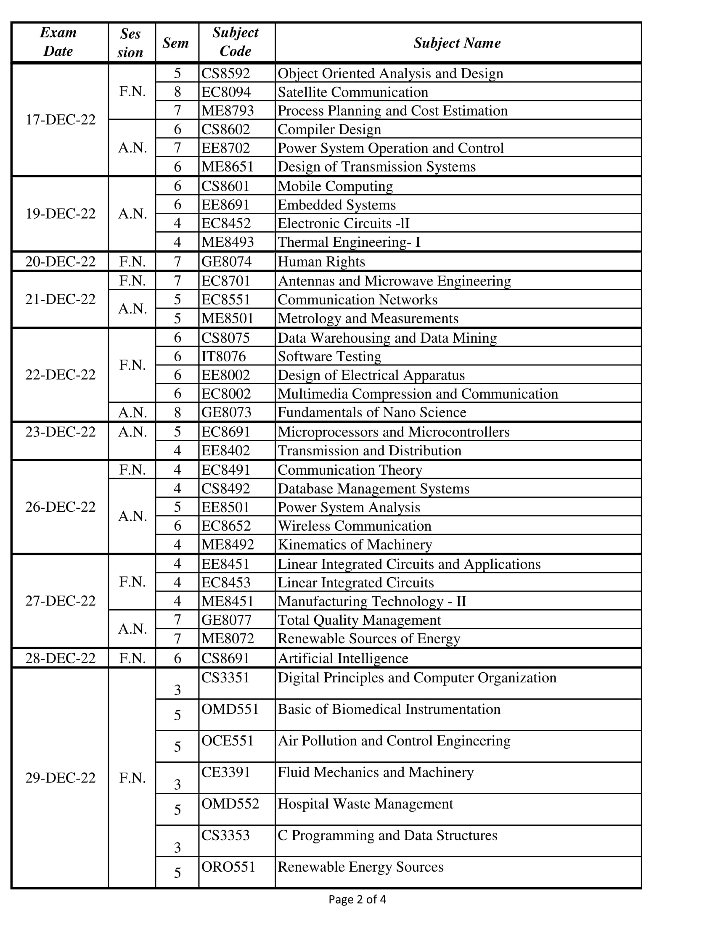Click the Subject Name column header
click(x=457, y=43)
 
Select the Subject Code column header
click(x=236, y=42)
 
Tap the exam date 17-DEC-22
click(x=61, y=120)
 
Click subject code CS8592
click(x=226, y=73)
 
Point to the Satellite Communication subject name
click(x=353, y=92)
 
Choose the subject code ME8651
click(x=228, y=166)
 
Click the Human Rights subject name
click(x=321, y=262)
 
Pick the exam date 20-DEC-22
click(x=61, y=262)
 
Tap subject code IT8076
click(x=223, y=356)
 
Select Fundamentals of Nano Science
click(x=372, y=412)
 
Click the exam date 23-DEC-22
click(x=61, y=431)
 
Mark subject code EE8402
click(x=226, y=450)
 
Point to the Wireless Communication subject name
click(x=355, y=526)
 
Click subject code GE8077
click(x=227, y=620)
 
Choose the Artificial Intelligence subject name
click(x=343, y=658)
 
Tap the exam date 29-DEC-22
click(x=61, y=777)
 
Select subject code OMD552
click(x=230, y=803)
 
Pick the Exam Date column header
click(x=58, y=42)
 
